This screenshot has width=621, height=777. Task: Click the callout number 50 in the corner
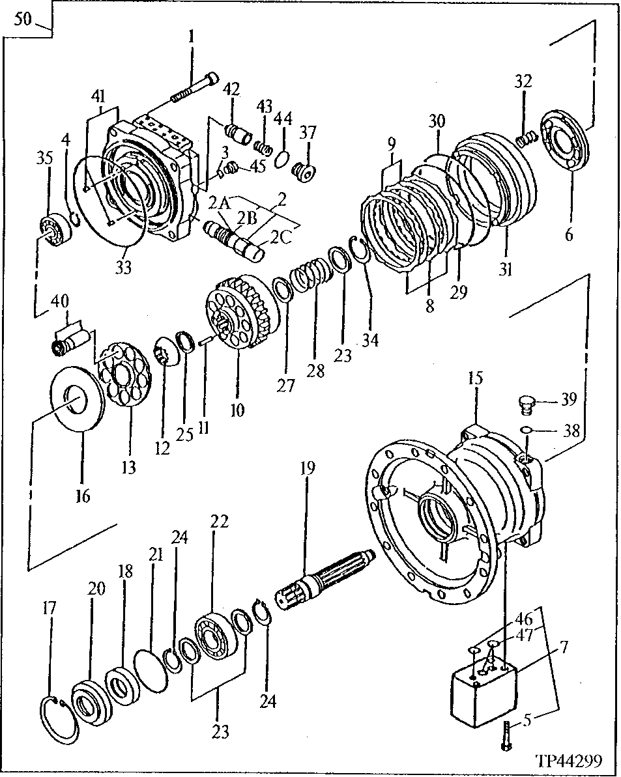pos(22,19)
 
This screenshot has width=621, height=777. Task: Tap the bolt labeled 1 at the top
pos(195,88)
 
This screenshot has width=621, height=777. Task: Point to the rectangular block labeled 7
pos(483,694)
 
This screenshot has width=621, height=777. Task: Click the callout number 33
pos(123,267)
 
